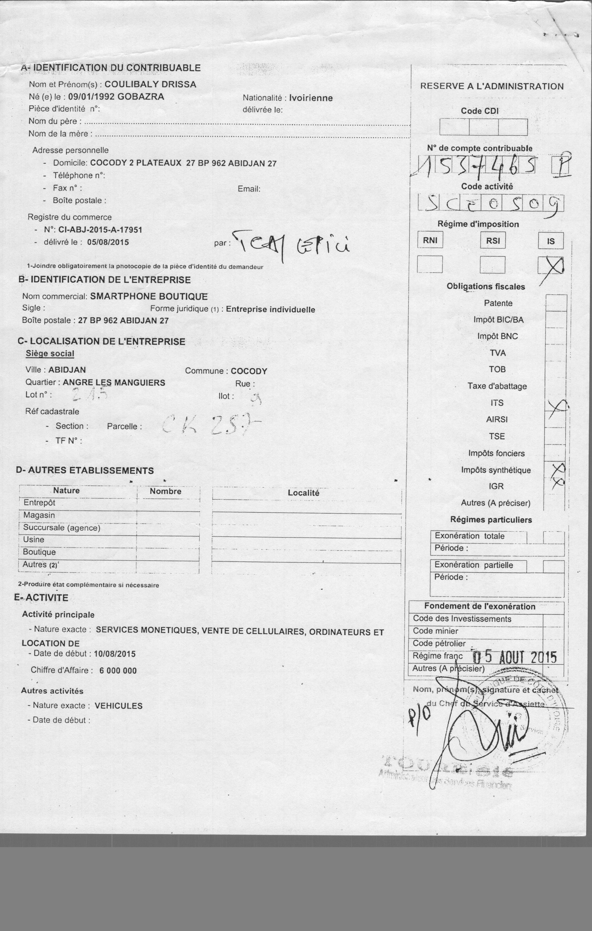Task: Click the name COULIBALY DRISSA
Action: click(150, 84)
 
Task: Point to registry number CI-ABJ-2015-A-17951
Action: click(100, 230)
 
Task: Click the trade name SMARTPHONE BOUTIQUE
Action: click(149, 296)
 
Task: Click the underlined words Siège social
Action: click(50, 353)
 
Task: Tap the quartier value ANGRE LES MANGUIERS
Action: click(114, 383)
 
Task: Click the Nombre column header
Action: click(165, 491)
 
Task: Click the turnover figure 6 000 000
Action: click(118, 671)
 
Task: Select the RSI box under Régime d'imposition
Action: click(493, 241)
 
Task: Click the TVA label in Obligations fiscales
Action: click(497, 353)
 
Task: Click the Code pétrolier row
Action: click(439, 643)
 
